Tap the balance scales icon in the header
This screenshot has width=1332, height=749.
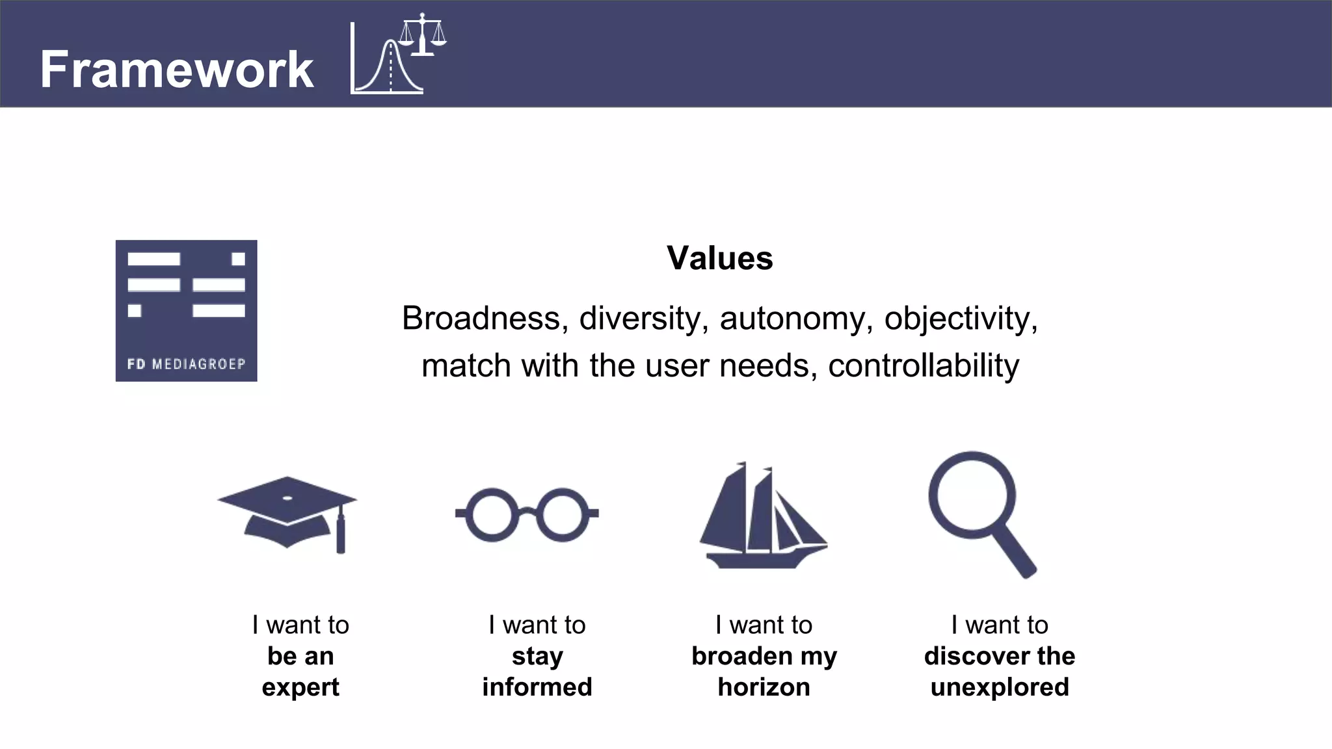(x=423, y=35)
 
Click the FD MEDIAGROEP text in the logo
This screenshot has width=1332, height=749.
(x=186, y=364)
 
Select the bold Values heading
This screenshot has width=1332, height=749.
(x=719, y=258)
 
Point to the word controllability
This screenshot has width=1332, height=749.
(x=923, y=365)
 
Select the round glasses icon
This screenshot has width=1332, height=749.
(x=527, y=514)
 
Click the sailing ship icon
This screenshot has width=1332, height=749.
(x=762, y=517)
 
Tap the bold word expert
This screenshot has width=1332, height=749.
(x=300, y=688)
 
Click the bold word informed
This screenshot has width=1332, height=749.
(x=537, y=687)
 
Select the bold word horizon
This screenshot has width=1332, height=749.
(x=764, y=687)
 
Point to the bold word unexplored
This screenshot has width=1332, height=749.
(x=1000, y=687)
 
